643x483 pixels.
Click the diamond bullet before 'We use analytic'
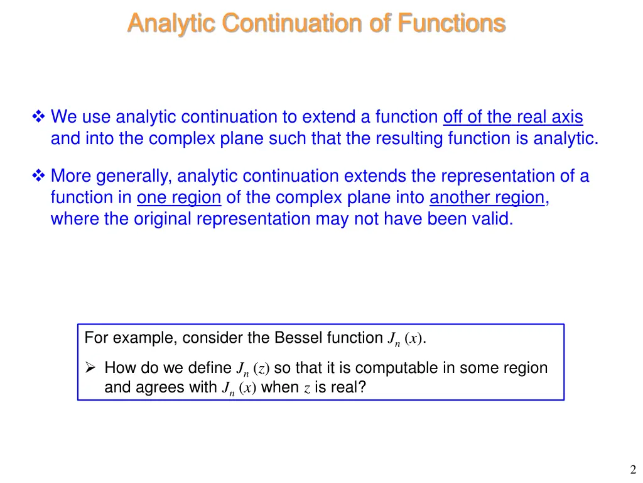pos(39,117)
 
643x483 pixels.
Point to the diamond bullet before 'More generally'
pos(39,176)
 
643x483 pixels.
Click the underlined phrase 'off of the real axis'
pos(513,117)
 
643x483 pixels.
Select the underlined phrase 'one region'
pos(179,197)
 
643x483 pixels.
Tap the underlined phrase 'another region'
pos(487,197)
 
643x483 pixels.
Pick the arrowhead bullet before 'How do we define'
pos(90,368)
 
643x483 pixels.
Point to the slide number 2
pos(632,469)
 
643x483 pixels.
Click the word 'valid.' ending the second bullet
pos(491,219)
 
